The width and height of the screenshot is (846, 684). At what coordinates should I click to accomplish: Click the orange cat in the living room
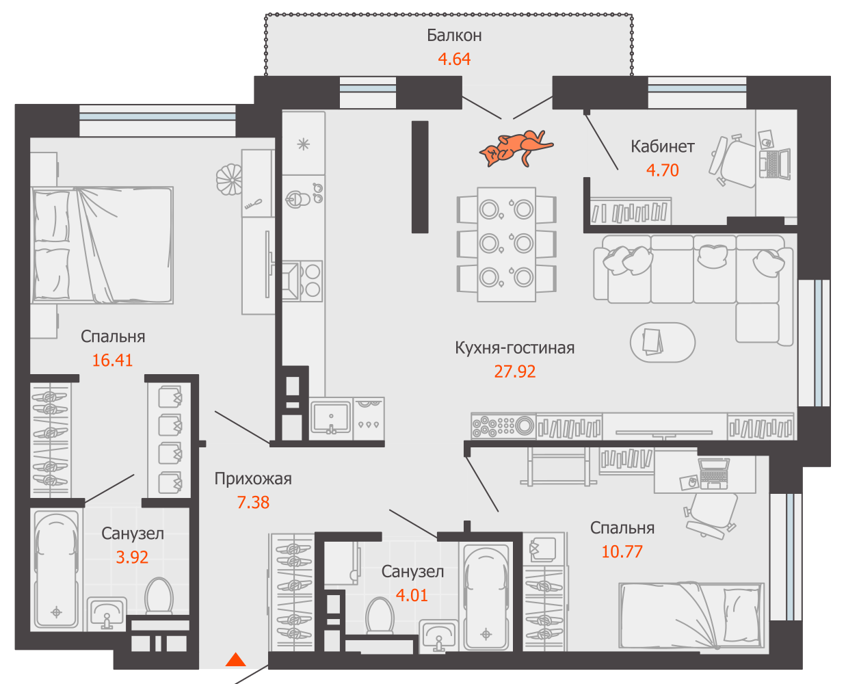515,148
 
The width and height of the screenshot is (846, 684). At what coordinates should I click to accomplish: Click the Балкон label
454,36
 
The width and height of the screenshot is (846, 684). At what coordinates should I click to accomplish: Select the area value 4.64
454,59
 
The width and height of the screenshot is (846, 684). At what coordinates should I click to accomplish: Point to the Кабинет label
663,146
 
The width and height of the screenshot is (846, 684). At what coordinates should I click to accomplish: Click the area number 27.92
515,371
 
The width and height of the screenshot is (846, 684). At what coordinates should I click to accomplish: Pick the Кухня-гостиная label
515,348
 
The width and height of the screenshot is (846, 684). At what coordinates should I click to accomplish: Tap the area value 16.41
112,360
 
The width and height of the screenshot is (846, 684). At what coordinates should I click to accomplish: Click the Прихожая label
253,479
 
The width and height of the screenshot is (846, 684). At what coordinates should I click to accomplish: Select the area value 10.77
622,551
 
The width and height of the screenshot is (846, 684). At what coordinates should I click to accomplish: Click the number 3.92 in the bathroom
132,557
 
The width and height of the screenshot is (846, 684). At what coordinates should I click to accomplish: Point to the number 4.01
412,595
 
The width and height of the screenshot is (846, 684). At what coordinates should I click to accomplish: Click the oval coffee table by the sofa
663,343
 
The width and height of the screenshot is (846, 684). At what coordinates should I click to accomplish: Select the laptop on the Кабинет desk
774,163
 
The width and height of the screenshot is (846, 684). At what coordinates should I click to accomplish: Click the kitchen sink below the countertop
331,417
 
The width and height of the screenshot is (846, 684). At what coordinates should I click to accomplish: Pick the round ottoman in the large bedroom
230,179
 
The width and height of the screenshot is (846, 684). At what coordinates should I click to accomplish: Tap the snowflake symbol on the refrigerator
303,144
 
